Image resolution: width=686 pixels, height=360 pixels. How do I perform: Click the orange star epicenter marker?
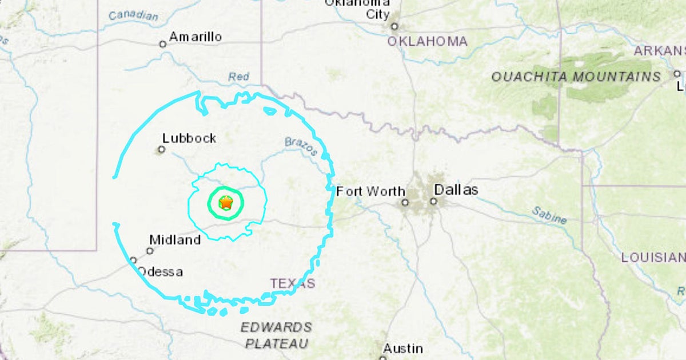click(x=226, y=202)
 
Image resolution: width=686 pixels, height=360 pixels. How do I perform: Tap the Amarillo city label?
click(x=196, y=37)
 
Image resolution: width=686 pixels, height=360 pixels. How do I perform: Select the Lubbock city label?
click(x=189, y=138)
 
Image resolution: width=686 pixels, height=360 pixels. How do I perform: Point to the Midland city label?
click(x=175, y=240)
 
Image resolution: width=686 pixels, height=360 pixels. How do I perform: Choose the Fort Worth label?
click(x=370, y=192)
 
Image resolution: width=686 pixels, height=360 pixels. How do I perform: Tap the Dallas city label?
click(x=456, y=190)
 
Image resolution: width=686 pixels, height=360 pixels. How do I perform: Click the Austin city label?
click(x=403, y=348)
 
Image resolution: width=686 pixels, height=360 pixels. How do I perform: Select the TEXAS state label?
click(x=292, y=283)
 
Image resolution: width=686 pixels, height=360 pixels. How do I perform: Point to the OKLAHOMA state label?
click(x=427, y=41)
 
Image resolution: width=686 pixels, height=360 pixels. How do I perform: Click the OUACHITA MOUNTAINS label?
click(x=576, y=77)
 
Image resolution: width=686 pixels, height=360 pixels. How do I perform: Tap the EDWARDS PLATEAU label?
click(x=277, y=335)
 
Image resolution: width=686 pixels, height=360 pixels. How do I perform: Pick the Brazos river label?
click(x=301, y=146)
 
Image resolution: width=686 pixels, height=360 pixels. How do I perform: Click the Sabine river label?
click(x=549, y=215)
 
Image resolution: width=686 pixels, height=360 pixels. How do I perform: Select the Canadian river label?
click(x=133, y=15)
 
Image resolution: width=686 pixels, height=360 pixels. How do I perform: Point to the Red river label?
click(x=239, y=77)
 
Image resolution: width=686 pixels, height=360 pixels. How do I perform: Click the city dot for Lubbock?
click(x=162, y=150)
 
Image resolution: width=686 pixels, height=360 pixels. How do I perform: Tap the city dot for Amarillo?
click(x=163, y=44)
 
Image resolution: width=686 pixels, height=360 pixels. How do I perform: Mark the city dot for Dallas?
click(x=434, y=201)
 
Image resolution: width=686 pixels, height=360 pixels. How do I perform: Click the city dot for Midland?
click(x=150, y=251)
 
